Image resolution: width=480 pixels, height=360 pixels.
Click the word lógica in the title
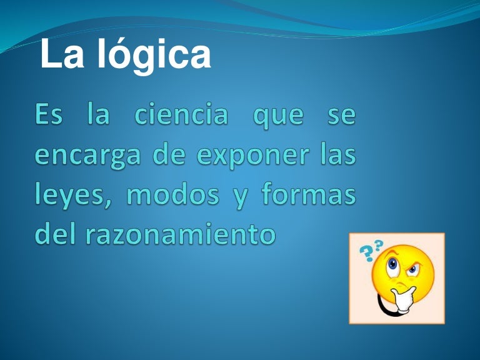tap(154, 55)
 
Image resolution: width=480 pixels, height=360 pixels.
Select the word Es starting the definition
tap(48, 117)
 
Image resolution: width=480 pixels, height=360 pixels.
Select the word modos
tap(172, 194)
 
